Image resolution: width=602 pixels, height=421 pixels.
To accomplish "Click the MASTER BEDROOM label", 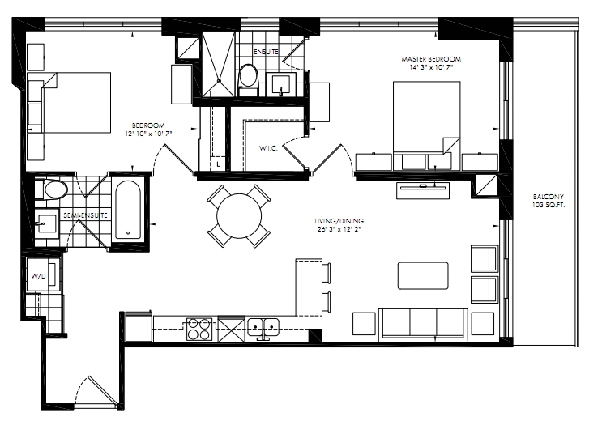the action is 431,59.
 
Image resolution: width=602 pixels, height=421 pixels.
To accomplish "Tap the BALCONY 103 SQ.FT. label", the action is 549,201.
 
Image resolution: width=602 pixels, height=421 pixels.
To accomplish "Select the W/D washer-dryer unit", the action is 44,274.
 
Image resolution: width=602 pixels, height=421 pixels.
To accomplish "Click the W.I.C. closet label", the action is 268,148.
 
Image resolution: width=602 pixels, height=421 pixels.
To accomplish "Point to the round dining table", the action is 239,216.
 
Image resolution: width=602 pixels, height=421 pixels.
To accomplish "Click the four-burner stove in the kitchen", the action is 199,330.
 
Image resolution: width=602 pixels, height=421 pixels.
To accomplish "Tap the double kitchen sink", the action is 263,327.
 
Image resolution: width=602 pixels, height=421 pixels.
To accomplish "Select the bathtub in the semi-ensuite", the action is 128,210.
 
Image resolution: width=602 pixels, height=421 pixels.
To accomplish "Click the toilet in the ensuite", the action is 248,79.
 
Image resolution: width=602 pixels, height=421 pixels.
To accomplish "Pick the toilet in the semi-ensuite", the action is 52,189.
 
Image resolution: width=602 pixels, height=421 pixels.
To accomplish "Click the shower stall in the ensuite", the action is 218,64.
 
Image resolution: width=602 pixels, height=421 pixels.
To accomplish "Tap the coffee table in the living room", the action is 423,275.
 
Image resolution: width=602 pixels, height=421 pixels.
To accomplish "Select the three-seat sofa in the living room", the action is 423,325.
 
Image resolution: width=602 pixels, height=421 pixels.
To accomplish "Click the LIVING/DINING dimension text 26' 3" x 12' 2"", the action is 339,229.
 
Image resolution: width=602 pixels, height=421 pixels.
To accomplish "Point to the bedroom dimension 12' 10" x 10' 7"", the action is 148,134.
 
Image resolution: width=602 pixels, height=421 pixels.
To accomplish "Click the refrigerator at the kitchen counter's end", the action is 139,326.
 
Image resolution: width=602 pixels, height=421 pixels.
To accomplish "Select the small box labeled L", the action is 219,164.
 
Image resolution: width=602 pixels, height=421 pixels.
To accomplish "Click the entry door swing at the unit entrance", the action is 96,389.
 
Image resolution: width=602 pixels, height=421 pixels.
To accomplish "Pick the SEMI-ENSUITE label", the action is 85,215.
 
